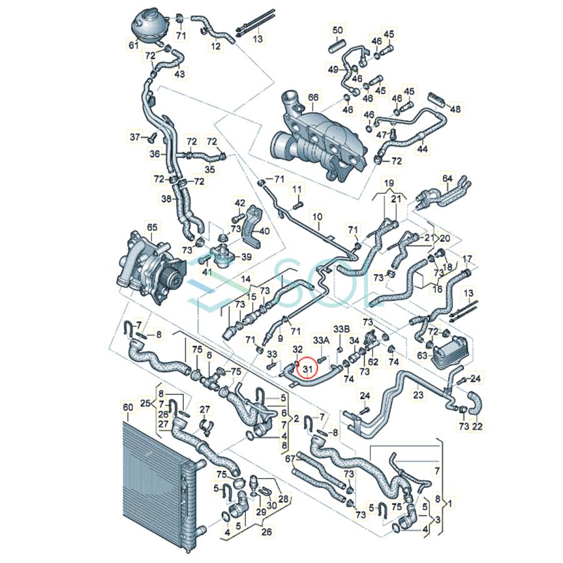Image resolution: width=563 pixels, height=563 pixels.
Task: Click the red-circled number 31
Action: tap(307, 370)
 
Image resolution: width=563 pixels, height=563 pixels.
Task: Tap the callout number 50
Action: tap(337, 31)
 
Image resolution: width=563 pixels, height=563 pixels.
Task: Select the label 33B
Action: tap(342, 328)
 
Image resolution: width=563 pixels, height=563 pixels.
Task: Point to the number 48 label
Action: tap(455, 109)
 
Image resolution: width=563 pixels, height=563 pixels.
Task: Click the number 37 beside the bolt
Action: tap(134, 137)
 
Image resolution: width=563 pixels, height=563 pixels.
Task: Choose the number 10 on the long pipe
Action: tap(318, 217)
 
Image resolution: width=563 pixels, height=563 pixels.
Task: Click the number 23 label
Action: tap(418, 395)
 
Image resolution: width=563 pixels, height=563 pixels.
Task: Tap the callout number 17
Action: tap(467, 258)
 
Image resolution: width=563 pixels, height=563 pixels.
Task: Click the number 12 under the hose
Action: tap(215, 46)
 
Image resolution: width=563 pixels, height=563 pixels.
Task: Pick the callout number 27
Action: tap(205, 410)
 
